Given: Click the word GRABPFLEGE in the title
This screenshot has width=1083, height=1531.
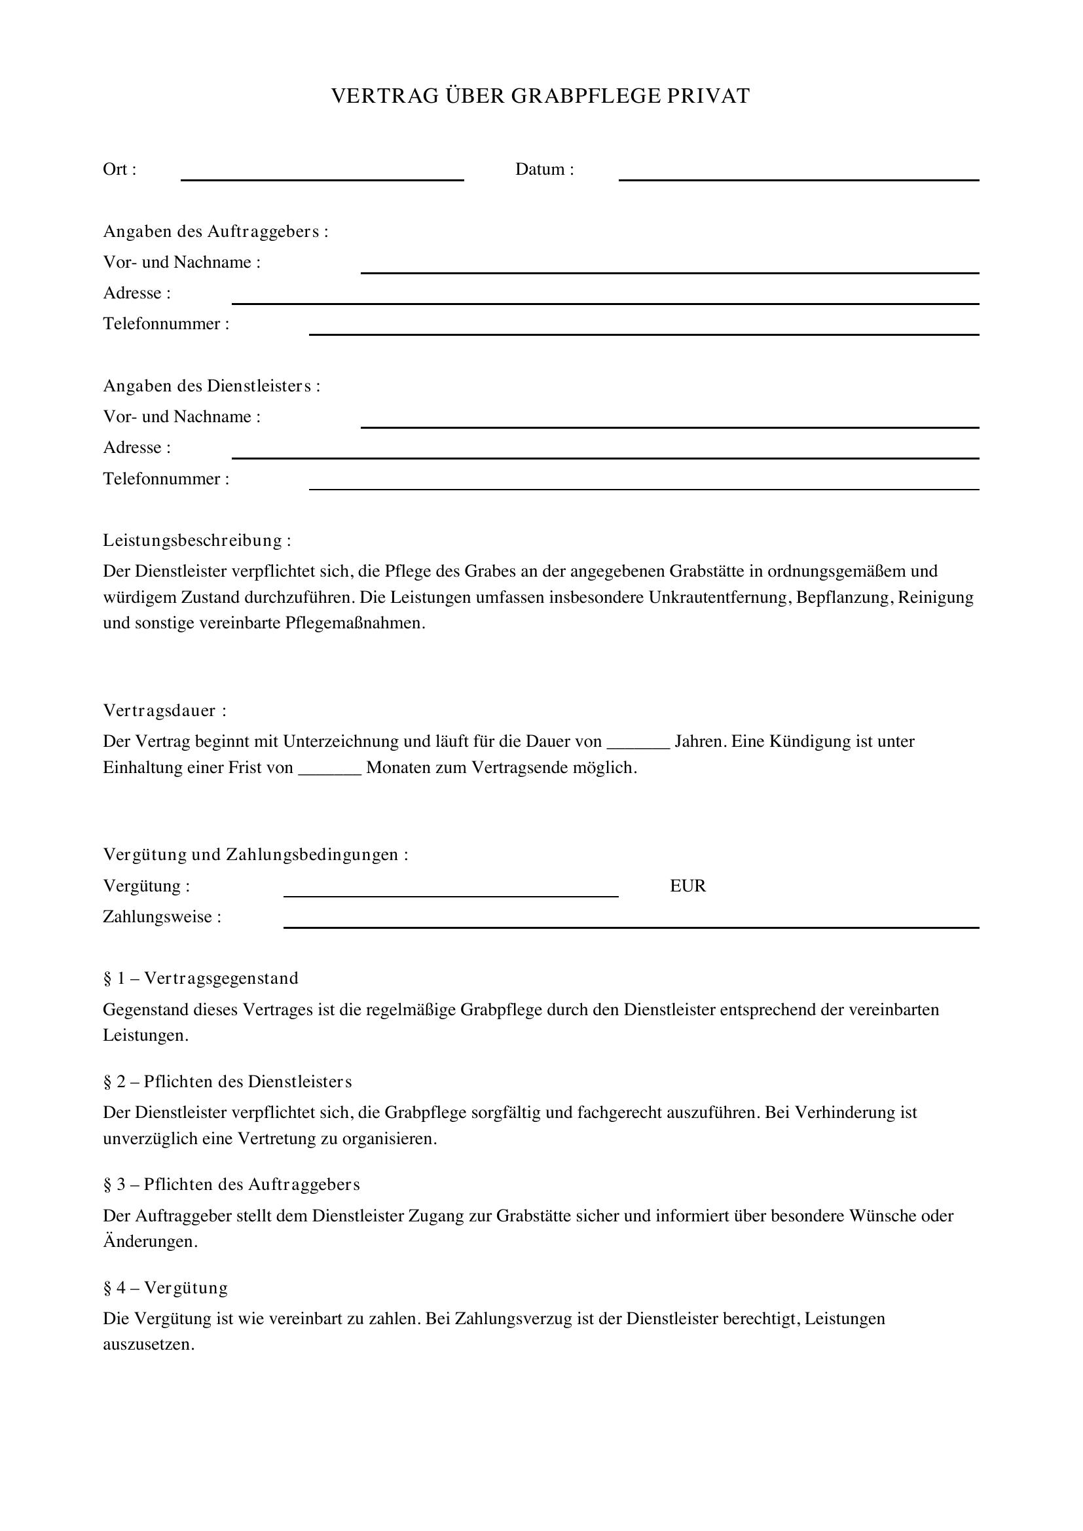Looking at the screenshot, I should click(585, 96).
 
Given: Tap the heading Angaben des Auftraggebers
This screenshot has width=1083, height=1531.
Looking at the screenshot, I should click(215, 231).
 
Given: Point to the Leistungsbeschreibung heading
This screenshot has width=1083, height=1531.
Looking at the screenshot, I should click(196, 540).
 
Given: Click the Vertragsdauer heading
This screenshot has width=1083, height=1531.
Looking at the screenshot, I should click(165, 710).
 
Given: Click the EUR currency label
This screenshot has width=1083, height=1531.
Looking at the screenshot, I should click(688, 886).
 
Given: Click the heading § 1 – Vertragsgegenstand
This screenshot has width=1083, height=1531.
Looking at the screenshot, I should click(201, 978).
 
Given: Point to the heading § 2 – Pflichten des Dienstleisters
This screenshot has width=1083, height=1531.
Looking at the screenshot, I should click(227, 1081).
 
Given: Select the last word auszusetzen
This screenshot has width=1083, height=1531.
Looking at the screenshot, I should click(148, 1344).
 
